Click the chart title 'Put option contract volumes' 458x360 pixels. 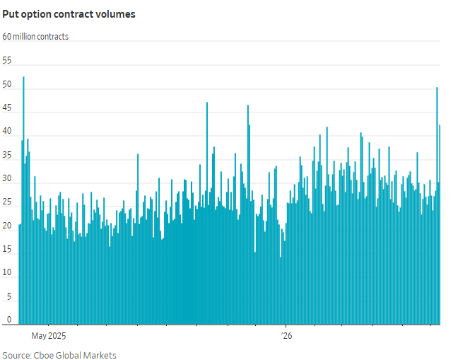point(69,14)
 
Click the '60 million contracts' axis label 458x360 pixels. point(35,37)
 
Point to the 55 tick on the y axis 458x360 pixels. point(7,61)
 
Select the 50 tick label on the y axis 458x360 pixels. point(7,84)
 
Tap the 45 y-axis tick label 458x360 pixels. point(7,108)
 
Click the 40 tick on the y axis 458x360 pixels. point(7,132)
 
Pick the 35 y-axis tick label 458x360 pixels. point(7,155)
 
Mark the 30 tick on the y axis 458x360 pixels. point(7,178)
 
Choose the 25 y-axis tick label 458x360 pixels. point(7,202)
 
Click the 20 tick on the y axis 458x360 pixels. point(7,226)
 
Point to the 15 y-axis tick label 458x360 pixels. point(7,249)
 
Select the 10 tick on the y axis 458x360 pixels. point(7,272)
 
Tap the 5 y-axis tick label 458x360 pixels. point(9,296)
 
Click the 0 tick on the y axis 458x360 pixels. point(9,320)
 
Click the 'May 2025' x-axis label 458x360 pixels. point(49,336)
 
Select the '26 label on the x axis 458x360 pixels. point(286,336)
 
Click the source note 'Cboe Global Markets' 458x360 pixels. point(75,355)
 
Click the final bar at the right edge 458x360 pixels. point(440,224)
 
